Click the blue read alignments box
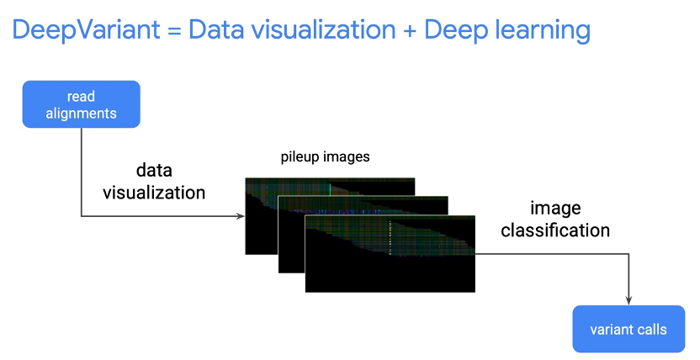tap(81, 104)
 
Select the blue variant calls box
tap(628, 328)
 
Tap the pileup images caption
tap(325, 157)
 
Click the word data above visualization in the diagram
tap(154, 170)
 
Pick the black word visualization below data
tap(154, 193)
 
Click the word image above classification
tap(554, 208)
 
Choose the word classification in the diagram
tap(555, 229)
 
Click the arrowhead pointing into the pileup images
tap(241, 217)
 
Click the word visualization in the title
tap(320, 31)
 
